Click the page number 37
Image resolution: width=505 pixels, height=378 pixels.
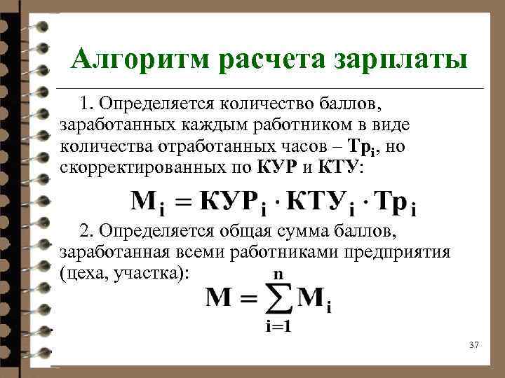(473, 344)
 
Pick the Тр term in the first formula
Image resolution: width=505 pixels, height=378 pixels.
(390, 202)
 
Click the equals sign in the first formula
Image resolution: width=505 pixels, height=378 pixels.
(182, 203)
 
